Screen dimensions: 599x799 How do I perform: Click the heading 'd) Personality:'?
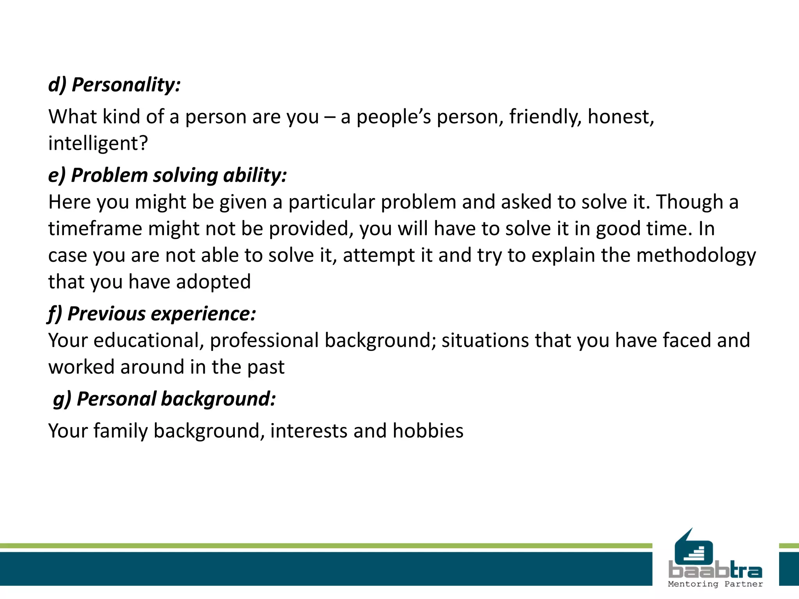click(114, 85)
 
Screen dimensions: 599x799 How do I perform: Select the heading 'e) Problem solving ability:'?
click(167, 175)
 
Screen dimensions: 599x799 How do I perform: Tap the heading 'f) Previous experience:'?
click(152, 314)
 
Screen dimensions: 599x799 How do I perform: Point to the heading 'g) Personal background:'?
click(164, 399)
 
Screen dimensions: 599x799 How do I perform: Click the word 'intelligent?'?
click(98, 143)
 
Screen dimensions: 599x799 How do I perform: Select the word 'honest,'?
click(621, 117)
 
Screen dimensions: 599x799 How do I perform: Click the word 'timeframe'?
click(95, 229)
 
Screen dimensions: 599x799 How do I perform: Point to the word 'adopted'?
click(213, 282)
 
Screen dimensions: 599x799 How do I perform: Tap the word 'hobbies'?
click(428, 431)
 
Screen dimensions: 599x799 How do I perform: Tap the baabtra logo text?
click(715, 571)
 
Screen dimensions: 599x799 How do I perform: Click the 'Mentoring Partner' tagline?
click(715, 584)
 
